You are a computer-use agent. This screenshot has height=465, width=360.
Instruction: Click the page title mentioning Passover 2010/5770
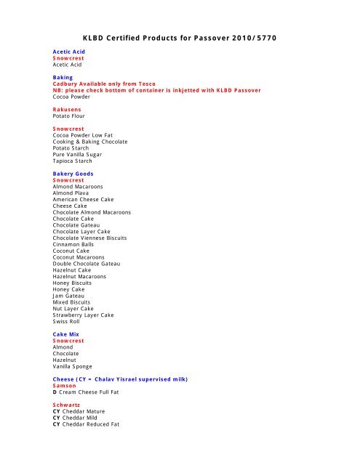[179, 36]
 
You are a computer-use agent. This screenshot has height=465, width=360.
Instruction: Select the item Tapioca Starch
[79, 161]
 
